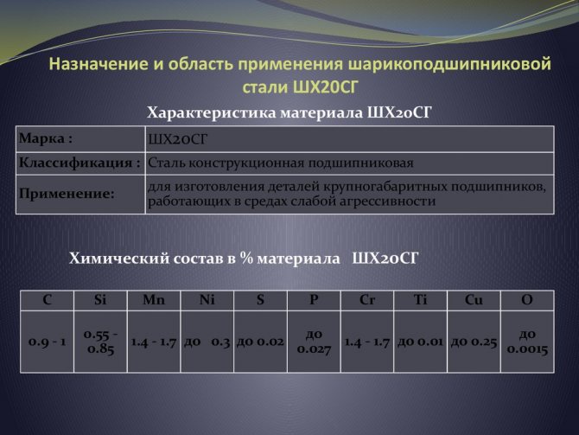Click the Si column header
coord(100,300)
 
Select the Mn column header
coord(154,300)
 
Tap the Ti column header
coord(421,300)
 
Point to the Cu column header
coord(474,300)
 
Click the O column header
coord(527,300)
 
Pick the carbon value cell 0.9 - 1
coord(47,342)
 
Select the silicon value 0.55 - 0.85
coord(100,342)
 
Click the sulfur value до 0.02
coord(260,342)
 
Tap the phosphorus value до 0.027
coord(314,342)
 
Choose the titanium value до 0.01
coord(420,342)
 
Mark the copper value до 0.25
coord(474,342)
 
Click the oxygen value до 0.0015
coord(527,342)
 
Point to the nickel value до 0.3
coord(207,342)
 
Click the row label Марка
coord(46,138)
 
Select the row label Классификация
coord(80,163)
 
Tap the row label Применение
coord(67,194)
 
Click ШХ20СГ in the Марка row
coord(178,139)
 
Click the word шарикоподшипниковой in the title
coord(449,64)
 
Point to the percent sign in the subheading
coord(246,258)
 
